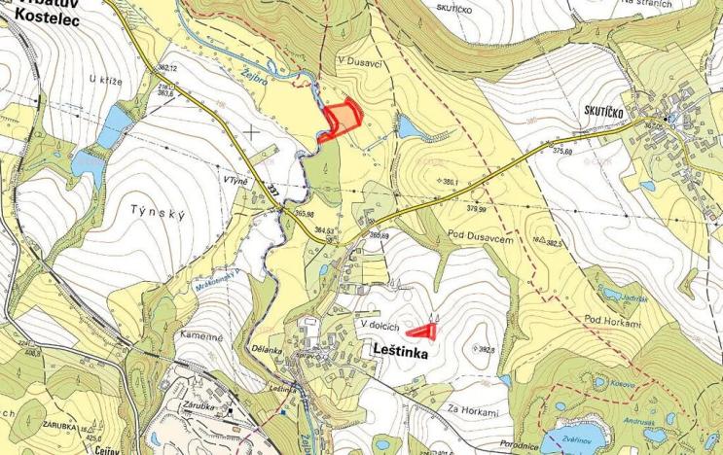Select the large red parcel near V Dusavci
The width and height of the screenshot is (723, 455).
point(342,120)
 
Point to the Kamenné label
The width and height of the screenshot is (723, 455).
point(202,333)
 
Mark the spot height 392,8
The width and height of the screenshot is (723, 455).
point(487,350)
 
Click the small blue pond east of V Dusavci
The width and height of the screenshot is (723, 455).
point(408,127)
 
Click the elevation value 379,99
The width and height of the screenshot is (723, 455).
point(477,208)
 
